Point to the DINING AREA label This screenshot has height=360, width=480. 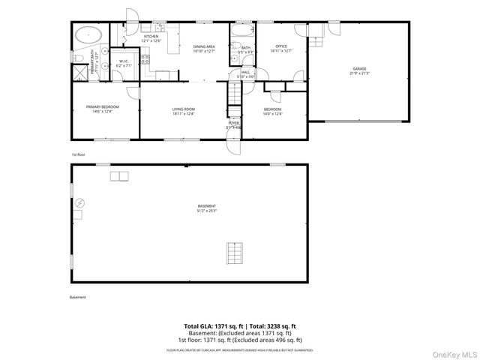coord(204,49)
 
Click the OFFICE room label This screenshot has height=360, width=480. coord(281,49)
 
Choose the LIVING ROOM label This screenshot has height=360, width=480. coord(184,111)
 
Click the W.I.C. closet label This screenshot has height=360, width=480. coord(124,63)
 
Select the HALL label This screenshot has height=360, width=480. coord(246,74)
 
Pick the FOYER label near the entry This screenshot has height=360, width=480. coord(234,124)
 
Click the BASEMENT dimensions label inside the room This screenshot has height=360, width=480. coord(228,208)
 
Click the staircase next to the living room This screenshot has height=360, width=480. coord(235,96)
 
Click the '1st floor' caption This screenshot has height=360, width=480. coord(79,154)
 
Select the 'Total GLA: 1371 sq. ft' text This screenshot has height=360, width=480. coord(211,325)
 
